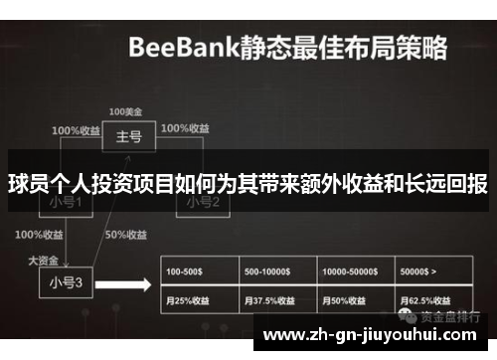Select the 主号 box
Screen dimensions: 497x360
point(128,136)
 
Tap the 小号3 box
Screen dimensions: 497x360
point(66,281)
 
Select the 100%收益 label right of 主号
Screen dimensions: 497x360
point(186,129)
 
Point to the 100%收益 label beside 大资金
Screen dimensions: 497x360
point(39,236)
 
